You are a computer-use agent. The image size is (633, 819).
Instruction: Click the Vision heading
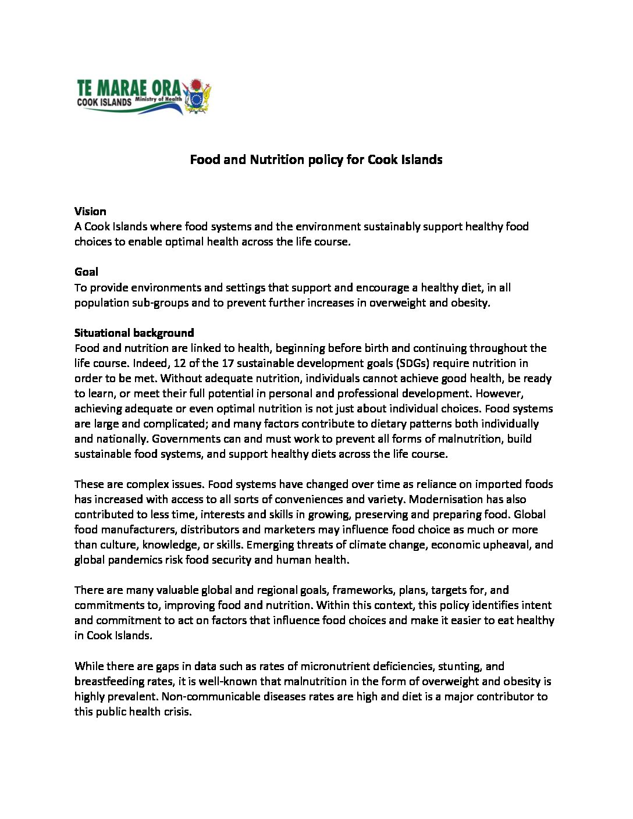coord(90,211)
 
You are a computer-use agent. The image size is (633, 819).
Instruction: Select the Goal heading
coord(86,272)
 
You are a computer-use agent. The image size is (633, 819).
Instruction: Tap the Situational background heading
coord(134,333)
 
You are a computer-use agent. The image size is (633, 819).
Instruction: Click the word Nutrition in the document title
coord(277,159)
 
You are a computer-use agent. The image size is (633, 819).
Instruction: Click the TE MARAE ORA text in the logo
coord(129,88)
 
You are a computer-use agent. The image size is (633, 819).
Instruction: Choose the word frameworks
coord(364,590)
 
